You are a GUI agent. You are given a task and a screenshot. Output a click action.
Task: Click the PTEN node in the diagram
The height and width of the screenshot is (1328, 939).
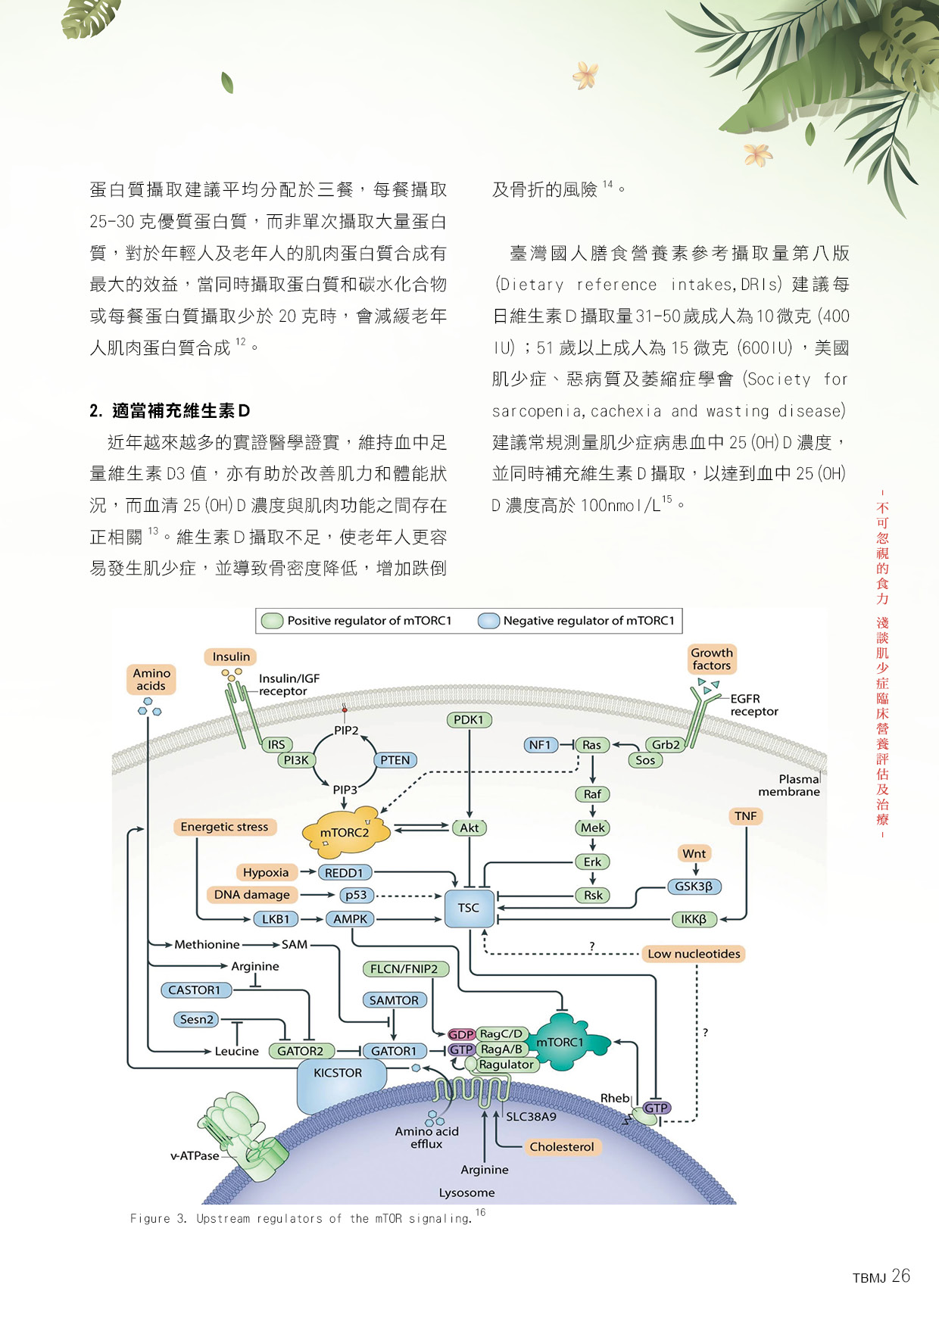pos(395,760)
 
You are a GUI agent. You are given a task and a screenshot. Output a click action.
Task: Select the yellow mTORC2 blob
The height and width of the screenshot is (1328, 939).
pos(345,832)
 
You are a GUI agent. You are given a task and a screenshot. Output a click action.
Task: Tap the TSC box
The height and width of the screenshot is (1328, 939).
pos(469,908)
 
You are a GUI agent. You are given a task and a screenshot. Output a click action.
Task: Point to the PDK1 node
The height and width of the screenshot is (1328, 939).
pos(468,720)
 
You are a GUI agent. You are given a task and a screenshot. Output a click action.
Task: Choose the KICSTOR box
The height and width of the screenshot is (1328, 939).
pos(338,1074)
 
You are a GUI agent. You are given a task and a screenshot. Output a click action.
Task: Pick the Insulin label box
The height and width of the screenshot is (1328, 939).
pos(231,656)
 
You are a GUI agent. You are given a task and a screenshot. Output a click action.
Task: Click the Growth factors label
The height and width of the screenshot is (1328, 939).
pos(712,659)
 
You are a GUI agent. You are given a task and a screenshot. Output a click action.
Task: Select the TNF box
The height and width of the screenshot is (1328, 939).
pos(746,816)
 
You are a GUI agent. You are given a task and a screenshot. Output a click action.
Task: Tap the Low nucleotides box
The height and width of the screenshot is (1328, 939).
pos(694,954)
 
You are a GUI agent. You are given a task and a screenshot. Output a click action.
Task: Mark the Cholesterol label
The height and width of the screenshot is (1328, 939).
pos(562,1147)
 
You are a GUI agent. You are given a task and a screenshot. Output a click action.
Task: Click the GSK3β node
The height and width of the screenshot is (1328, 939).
pos(694,887)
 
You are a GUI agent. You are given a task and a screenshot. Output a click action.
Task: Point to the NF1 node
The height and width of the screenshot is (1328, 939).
pos(540,745)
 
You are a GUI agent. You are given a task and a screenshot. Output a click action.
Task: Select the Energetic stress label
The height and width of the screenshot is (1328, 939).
pos(224,827)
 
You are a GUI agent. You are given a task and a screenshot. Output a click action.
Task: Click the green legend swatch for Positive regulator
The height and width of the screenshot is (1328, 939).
pos(272,621)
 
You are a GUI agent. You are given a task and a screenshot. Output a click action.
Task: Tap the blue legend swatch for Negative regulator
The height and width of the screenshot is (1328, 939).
pos(488,621)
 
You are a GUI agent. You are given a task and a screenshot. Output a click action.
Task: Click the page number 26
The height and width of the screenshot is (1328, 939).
pos(901,1277)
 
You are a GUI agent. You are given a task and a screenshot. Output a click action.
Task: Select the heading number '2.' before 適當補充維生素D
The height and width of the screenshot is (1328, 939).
pos(96,411)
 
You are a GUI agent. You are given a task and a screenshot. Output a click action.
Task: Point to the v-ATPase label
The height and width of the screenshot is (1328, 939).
pos(195,1156)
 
